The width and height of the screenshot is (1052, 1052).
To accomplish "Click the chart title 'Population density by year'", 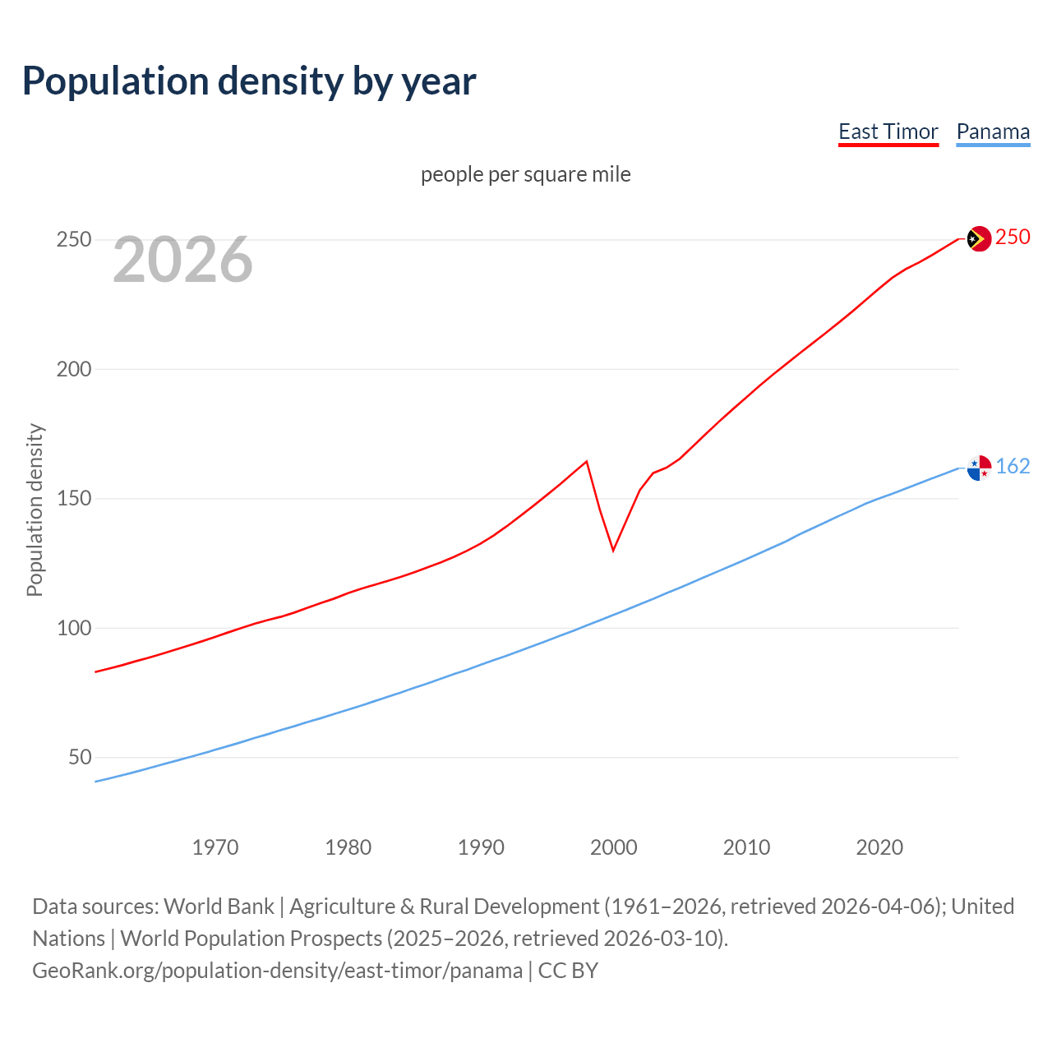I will pos(249,81).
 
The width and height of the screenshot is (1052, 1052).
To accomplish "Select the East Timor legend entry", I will pos(888,131).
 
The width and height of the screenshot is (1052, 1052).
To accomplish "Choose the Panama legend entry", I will pos(993,131).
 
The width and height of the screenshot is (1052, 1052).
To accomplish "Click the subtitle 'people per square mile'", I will pos(526,174).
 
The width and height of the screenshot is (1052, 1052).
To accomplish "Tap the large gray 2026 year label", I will pos(182,260).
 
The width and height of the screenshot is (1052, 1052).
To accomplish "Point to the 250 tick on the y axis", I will pos(73,240).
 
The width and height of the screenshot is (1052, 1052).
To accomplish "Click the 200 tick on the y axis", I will pos(73,369).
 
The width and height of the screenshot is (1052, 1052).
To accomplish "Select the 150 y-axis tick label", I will pos(73,499).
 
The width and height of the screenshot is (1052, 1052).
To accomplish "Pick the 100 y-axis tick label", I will pos(73,628).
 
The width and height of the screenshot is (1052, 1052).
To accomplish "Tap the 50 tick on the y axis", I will pos(80,757).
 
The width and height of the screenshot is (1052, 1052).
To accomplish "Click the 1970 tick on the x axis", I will pos(215,847).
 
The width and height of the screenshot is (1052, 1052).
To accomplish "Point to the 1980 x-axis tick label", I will pos(348,847).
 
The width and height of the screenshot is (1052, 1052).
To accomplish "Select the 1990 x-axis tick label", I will pos(481,847).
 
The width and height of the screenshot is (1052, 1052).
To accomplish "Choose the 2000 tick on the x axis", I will pos(614,847).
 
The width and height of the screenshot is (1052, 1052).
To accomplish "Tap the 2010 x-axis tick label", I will pos(746,847).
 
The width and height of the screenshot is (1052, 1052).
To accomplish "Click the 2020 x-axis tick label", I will pos(879,847).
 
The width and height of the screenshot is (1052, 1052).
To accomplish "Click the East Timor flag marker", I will pos(978,239).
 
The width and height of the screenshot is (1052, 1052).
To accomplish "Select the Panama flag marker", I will pos(978,468).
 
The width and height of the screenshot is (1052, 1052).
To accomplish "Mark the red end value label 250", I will pos(1013,238).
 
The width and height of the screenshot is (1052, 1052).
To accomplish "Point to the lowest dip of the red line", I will pos(613,550).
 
